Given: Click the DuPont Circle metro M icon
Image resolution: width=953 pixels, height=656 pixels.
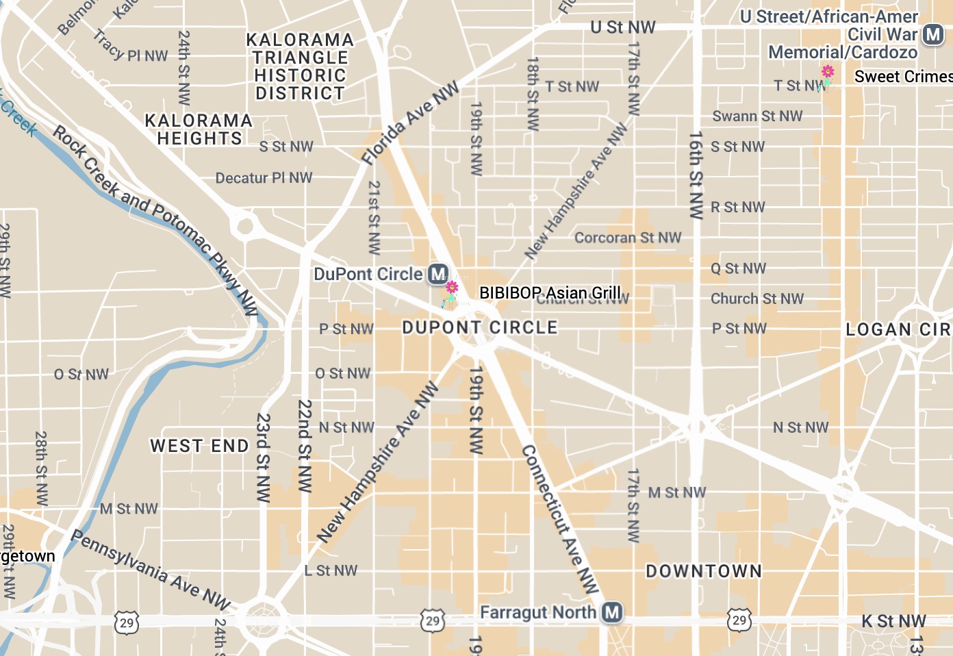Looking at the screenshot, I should click(438, 275).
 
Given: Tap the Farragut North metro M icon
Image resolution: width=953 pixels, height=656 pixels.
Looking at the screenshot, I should click(612, 612).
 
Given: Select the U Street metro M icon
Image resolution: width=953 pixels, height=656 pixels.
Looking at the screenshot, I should click(933, 34).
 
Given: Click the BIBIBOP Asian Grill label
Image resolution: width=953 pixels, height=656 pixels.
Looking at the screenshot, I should click(550, 293).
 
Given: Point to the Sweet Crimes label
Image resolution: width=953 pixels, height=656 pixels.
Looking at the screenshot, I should click(903, 77).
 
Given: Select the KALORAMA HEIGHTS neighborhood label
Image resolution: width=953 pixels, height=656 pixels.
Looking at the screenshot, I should click(199, 129).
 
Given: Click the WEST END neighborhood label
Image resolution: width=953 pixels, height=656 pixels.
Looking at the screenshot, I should click(199, 446).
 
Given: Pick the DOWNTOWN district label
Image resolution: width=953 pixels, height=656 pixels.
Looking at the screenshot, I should click(704, 571).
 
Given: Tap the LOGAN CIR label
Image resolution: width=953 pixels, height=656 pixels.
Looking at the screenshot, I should click(898, 330).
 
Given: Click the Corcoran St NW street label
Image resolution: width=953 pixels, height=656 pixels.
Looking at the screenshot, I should click(628, 238).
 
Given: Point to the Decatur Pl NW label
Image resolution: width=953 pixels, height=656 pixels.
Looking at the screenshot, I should click(264, 178).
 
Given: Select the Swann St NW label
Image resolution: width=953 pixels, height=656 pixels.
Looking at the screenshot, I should click(757, 116).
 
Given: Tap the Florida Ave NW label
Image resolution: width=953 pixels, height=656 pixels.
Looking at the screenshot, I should click(410, 124).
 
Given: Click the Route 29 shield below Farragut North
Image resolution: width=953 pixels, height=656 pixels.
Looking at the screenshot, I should click(433, 621).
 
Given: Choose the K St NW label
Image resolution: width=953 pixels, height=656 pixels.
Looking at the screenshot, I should click(893, 621).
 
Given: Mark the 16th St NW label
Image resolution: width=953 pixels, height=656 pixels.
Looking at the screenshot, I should click(696, 175).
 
